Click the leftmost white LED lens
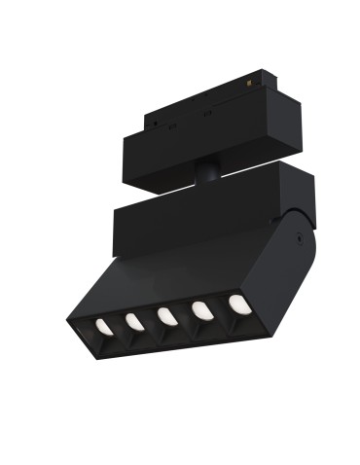pos(102,323)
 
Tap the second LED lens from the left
pos(134,319)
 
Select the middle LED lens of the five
pos(167,315)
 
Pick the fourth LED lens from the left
pos(201,310)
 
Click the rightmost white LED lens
pos(235,304)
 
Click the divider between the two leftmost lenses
pos(119,323)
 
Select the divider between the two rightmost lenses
pos(219,309)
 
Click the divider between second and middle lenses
pos(151,319)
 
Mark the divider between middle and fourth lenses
pos(185,314)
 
